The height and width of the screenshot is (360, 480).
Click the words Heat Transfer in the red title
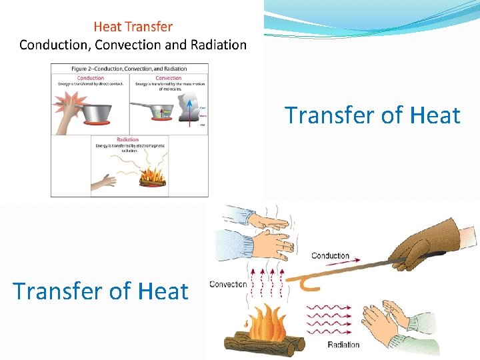coord(133,27)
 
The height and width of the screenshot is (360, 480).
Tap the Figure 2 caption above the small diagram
coord(129,69)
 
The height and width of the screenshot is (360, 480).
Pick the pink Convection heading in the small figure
coord(168,78)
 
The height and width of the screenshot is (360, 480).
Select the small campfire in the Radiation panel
coord(152,179)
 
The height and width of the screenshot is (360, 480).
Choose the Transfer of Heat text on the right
coord(373,115)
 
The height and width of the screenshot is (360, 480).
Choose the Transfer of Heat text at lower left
coord(100,291)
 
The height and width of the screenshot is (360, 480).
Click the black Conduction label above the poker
coord(330,255)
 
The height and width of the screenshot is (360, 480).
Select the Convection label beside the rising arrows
coord(228,284)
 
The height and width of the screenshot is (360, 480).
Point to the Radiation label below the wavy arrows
coord(343,345)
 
